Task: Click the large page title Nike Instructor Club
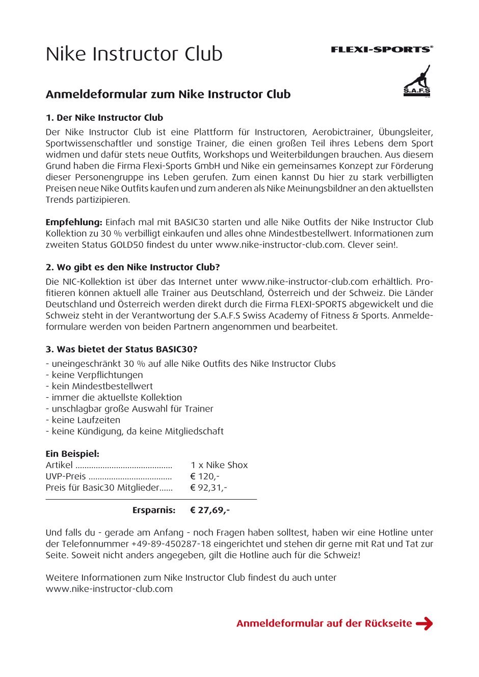coord(134,54)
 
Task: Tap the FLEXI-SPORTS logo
coord(382,49)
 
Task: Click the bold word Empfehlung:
coord(74,222)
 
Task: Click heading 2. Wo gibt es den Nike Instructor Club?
coord(132,267)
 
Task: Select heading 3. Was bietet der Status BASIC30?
coord(121,349)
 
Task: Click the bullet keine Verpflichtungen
coord(97,375)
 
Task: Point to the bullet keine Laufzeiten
coord(86,420)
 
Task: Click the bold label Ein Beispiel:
coord(72,454)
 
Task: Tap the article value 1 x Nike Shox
coord(219,465)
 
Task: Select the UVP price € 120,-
coord(204,476)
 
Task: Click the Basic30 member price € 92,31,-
coord(208,488)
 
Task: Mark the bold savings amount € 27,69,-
coord(209,510)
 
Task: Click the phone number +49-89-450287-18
coord(171,544)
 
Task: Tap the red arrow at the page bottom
coord(424,624)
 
